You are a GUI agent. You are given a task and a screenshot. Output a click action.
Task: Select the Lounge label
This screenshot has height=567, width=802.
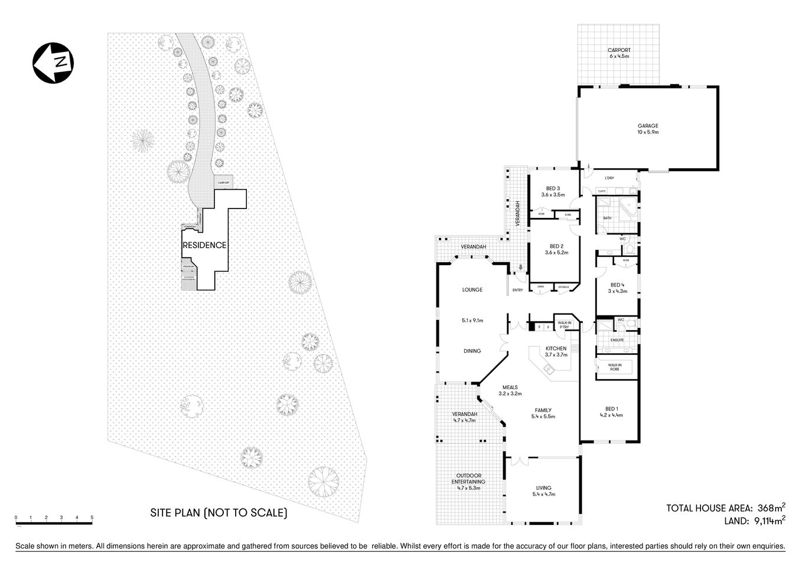click(x=472, y=290)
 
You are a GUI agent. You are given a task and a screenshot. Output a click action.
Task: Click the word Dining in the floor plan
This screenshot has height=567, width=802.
click(x=472, y=351)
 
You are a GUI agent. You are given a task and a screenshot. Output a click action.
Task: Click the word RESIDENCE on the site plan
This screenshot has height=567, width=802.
click(x=204, y=245)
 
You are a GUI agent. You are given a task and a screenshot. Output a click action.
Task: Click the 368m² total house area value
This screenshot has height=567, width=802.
click(x=771, y=507)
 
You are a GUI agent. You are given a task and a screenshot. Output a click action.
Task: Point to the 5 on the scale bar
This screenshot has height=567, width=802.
click(x=92, y=518)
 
